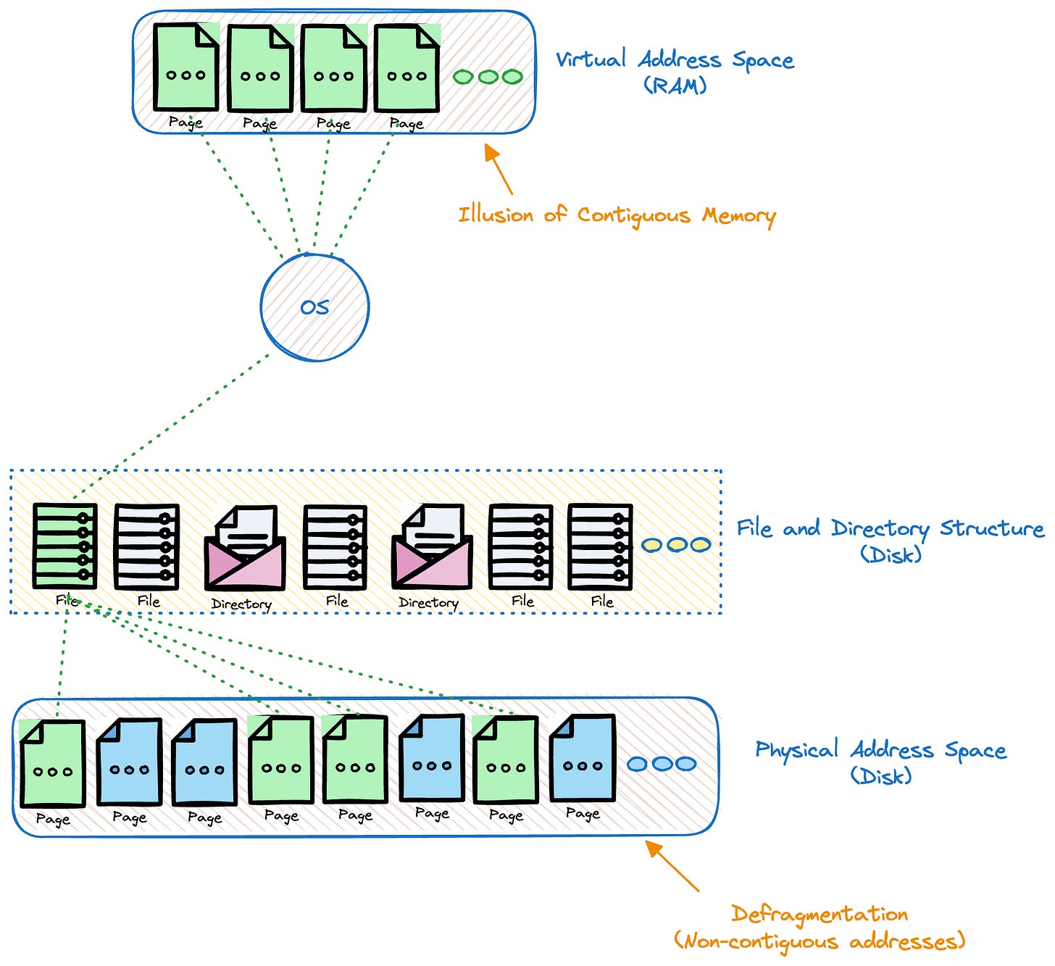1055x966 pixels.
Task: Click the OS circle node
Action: [x=314, y=307]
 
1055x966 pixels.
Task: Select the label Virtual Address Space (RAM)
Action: [x=675, y=71]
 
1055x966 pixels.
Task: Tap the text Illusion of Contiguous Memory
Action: [x=617, y=215]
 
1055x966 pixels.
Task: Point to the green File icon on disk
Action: [x=65, y=545]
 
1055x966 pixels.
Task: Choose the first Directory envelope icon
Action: [x=245, y=549]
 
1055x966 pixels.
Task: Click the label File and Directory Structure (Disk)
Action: [x=891, y=540]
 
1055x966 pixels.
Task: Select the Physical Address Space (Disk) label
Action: [x=881, y=762]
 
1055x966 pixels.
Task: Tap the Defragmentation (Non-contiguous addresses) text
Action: [x=820, y=928]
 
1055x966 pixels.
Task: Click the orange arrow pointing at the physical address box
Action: [x=672, y=865]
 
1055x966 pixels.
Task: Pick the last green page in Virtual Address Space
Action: [x=406, y=68]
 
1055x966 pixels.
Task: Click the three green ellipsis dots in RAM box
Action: [x=488, y=76]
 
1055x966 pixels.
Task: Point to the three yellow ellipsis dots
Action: [x=675, y=545]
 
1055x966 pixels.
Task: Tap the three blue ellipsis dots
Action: [x=661, y=764]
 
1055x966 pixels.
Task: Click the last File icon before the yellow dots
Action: [x=600, y=546]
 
